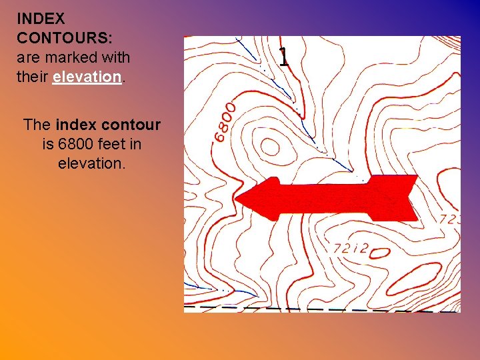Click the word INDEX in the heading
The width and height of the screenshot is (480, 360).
[41, 18]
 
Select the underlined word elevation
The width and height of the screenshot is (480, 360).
[87, 76]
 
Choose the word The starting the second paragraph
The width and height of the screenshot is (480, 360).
[37, 125]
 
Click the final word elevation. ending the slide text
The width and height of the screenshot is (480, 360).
[91, 163]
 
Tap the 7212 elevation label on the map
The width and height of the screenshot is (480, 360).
[351, 249]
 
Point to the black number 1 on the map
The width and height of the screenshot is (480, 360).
[284, 57]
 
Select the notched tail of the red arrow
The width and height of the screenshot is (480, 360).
[410, 198]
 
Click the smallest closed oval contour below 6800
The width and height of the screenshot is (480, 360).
[269, 146]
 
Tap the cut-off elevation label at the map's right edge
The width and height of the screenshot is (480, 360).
[449, 218]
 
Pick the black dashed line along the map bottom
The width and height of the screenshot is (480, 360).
[320, 309]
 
